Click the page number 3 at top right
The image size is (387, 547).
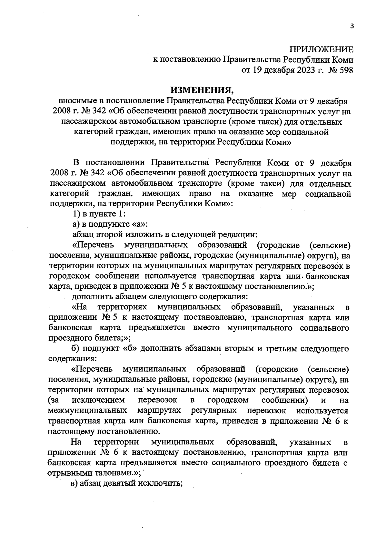[x=352, y=27]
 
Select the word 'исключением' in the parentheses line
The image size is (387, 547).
[x=98, y=400]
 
